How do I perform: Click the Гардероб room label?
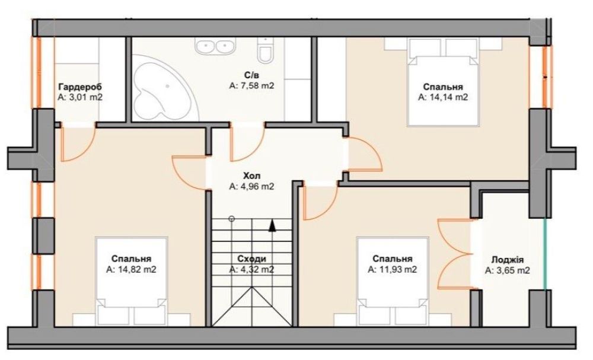click(80, 87)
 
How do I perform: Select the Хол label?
click(251, 176)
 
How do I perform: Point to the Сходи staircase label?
click(251, 259)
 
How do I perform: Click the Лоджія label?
click(507, 260)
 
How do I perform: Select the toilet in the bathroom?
click(264, 51)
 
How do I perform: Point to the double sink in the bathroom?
click(215, 46)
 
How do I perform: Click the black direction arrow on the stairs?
click(272, 225)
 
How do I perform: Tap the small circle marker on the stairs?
click(232, 219)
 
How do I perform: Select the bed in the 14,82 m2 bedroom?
click(131, 281)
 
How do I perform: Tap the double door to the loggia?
click(454, 254)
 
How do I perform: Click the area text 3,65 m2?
click(507, 271)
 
